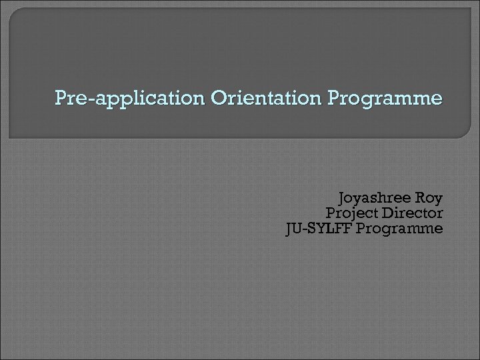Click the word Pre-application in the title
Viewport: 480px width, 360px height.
(131, 99)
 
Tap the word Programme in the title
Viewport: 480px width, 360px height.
(385, 99)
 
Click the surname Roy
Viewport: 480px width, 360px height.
(427, 199)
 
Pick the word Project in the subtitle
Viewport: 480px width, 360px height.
(351, 214)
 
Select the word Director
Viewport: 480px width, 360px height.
(412, 214)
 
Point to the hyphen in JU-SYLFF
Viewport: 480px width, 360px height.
(304, 230)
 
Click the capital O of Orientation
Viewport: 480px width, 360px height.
(217, 99)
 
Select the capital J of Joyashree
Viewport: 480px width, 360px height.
(342, 199)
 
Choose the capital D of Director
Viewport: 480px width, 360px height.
(386, 213)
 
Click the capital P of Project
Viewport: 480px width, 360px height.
(329, 213)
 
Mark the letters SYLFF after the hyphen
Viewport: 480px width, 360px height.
(327, 229)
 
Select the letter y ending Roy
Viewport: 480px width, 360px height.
(438, 200)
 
